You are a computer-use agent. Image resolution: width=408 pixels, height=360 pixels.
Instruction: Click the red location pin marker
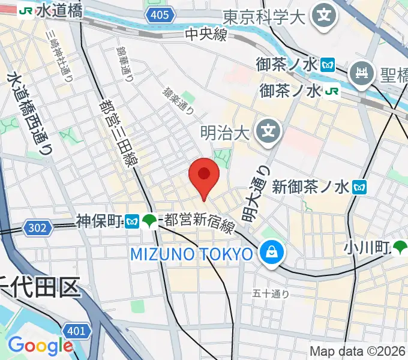coord(204,176)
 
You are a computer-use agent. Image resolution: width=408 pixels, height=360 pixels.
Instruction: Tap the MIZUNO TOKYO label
coord(192,254)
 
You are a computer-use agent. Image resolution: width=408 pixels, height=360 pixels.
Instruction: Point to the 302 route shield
coord(36,227)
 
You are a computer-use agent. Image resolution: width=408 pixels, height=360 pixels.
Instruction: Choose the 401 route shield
coord(76,331)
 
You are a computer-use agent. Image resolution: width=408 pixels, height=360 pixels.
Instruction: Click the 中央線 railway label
coord(206,35)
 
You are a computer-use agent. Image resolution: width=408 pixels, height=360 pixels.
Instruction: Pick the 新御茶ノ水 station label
coord(310,187)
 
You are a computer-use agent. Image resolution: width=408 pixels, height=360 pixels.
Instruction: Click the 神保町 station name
coord(100,221)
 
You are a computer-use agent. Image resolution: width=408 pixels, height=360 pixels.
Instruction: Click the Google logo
coord(40,346)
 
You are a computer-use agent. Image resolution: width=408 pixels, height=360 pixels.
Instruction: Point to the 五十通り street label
coord(271,293)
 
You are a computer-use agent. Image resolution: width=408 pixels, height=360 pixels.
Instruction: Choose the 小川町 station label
coord(367,247)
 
